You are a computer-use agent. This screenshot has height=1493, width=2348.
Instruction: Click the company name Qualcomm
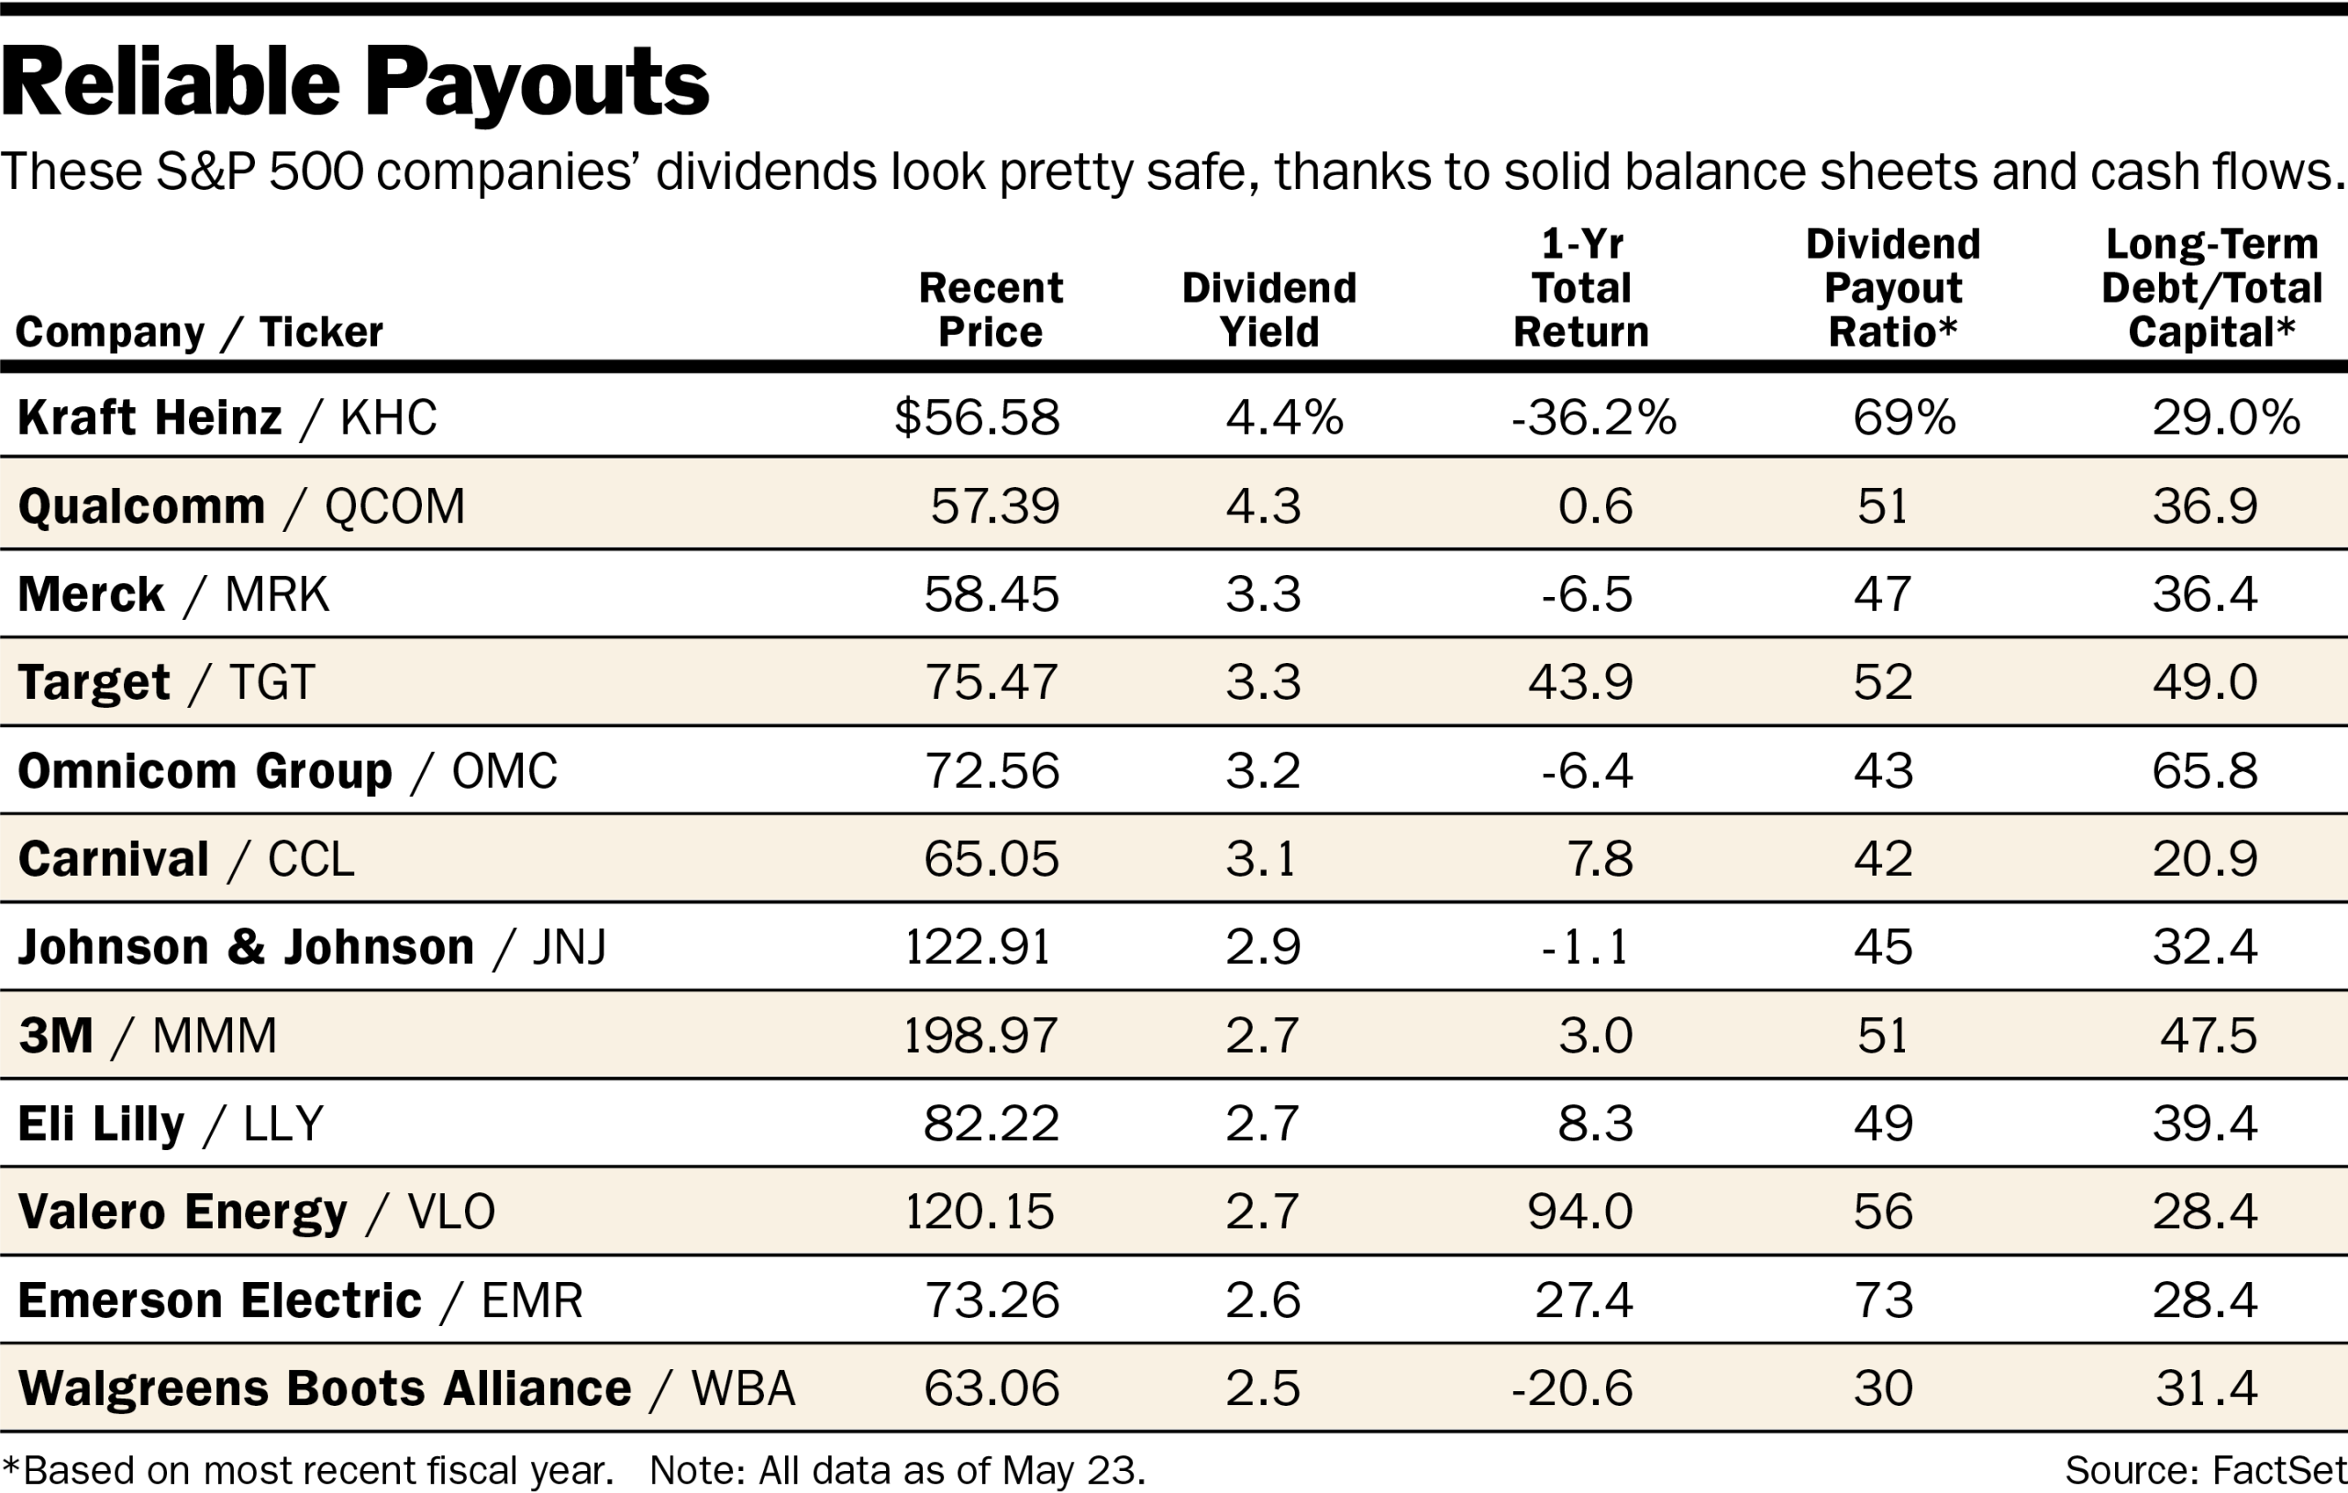[x=141, y=506]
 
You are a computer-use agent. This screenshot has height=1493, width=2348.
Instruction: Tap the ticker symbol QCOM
[x=395, y=506]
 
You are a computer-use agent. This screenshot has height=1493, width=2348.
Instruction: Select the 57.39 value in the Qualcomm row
[x=994, y=506]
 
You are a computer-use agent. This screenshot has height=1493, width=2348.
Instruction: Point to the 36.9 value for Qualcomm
[x=2205, y=506]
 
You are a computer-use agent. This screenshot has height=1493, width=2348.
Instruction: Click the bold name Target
[x=94, y=682]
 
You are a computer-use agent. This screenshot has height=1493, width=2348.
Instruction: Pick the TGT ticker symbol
[x=272, y=682]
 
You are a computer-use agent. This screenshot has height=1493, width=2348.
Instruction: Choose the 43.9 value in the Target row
[x=1579, y=682]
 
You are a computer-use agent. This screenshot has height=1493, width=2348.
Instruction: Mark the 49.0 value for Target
[x=2205, y=682]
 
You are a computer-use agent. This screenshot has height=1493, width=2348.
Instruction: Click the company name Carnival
[x=113, y=859]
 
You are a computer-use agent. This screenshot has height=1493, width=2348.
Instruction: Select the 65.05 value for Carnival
[x=991, y=859]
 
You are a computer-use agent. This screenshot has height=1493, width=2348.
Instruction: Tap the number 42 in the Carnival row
[x=1882, y=859]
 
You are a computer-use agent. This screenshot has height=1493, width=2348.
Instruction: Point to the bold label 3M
[x=56, y=1035]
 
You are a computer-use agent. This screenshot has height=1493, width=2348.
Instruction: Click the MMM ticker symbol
[x=215, y=1035]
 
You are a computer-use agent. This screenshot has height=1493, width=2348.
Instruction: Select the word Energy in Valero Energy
[x=265, y=1212]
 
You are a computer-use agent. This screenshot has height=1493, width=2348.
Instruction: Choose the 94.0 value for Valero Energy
[x=1579, y=1212]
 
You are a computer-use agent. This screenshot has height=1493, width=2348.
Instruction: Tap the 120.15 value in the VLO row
[x=980, y=1212]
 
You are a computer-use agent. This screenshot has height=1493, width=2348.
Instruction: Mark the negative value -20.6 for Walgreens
[x=1572, y=1388]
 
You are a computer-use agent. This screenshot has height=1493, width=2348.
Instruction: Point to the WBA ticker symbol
[x=743, y=1388]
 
